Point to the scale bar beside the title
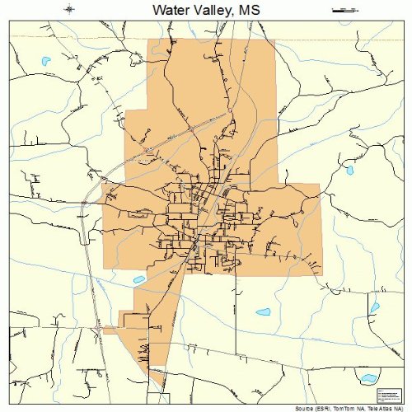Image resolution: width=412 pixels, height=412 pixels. point(342,10)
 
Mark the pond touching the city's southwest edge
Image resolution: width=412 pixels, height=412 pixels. point(138,279)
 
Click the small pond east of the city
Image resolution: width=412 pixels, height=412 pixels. point(349,170)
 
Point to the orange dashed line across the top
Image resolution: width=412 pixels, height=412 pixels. point(206,35)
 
